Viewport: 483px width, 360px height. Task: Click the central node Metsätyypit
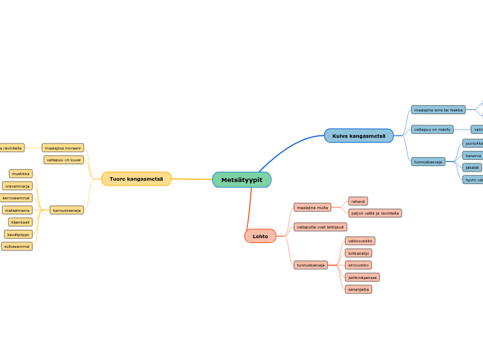pyautogui.click(x=241, y=180)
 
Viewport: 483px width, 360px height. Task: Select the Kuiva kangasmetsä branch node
pyautogui.click(x=358, y=136)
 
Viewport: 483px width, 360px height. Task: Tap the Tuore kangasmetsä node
pyautogui.click(x=136, y=179)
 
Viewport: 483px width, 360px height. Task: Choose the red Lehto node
pyautogui.click(x=260, y=236)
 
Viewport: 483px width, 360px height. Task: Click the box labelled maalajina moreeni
pyautogui.click(x=62, y=147)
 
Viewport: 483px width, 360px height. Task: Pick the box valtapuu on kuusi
pyautogui.click(x=64, y=160)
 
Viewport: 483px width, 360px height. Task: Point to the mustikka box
pyautogui.click(x=21, y=174)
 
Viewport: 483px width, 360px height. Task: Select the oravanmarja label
pyautogui.click(x=17, y=186)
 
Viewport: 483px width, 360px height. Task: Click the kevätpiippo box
pyautogui.click(x=18, y=234)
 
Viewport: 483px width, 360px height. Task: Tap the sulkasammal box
pyautogui.click(x=17, y=246)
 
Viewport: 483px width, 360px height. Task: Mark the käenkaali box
pyautogui.click(x=20, y=222)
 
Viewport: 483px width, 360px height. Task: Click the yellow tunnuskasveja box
pyautogui.click(x=67, y=210)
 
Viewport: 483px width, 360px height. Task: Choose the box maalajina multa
pyautogui.click(x=312, y=207)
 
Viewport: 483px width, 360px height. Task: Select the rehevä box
pyautogui.click(x=358, y=201)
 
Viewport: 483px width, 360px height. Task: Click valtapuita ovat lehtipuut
pyautogui.click(x=320, y=226)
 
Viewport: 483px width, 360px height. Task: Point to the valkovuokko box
pyautogui.click(x=360, y=241)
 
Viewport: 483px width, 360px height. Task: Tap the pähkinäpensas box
pyautogui.click(x=362, y=277)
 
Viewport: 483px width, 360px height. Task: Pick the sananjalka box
pyautogui.click(x=359, y=289)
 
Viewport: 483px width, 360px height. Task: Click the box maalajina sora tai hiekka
pyautogui.click(x=438, y=109)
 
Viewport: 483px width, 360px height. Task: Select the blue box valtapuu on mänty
pyautogui.click(x=432, y=129)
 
